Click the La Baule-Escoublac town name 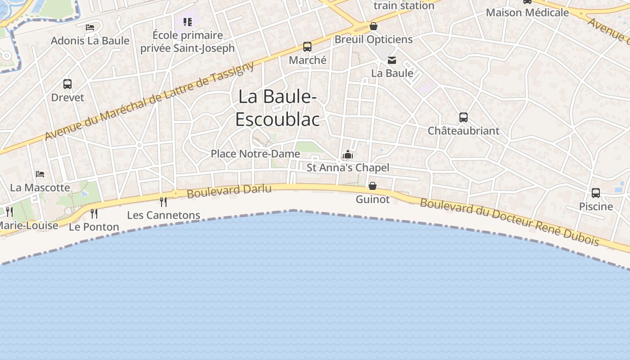[x=278, y=108]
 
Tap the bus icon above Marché [x=307, y=47]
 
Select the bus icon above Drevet [x=67, y=84]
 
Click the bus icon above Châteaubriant [x=463, y=117]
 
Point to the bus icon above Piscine [x=596, y=193]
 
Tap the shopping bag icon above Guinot [x=373, y=185]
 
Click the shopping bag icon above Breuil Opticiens [x=373, y=26]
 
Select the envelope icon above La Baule [x=392, y=60]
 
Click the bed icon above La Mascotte [x=40, y=174]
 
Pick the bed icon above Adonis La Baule [x=90, y=27]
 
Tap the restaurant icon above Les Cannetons [x=163, y=202]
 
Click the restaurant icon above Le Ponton [x=94, y=213]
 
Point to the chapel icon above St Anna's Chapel [x=347, y=155]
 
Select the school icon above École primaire [x=188, y=22]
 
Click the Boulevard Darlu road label [x=229, y=191]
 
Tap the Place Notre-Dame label [x=255, y=154]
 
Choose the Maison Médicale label [x=527, y=13]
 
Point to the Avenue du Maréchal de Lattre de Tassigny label [x=149, y=101]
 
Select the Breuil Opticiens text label [x=373, y=40]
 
